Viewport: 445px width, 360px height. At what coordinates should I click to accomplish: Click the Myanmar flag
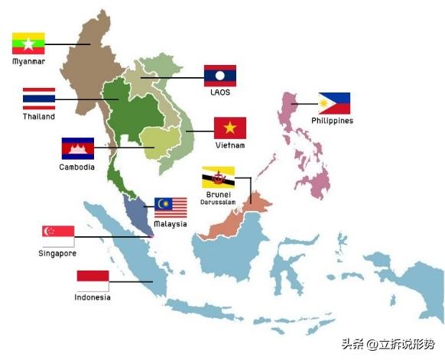click(x=28, y=43)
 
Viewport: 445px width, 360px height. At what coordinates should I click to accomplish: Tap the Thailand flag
click(x=38, y=99)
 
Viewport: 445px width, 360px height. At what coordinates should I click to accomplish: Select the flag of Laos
click(x=220, y=76)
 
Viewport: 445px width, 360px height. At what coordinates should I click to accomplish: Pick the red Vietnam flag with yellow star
click(x=229, y=128)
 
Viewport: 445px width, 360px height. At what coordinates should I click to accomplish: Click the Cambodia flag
click(x=77, y=148)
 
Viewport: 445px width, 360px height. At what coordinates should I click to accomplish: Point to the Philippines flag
click(x=334, y=103)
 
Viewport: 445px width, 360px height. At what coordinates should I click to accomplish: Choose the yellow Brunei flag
click(x=218, y=177)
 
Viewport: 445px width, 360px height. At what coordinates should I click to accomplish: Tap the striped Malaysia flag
click(x=171, y=207)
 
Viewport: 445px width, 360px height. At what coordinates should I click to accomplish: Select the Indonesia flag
click(x=93, y=281)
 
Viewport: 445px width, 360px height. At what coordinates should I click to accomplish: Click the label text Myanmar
click(x=28, y=61)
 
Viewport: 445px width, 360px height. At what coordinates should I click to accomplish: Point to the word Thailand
click(x=38, y=117)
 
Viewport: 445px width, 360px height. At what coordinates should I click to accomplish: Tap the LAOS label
click(x=220, y=93)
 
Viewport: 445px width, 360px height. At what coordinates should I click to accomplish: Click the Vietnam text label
click(x=229, y=145)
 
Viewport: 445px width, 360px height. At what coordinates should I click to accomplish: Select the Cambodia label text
click(x=77, y=167)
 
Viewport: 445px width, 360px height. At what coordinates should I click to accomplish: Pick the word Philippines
click(x=333, y=121)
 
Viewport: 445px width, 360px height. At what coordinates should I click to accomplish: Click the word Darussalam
click(x=218, y=203)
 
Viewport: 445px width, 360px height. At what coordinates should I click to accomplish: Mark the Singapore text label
click(x=58, y=253)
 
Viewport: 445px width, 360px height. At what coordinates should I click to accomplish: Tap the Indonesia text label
click(x=93, y=297)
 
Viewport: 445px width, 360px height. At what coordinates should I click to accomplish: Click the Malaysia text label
click(x=170, y=224)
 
